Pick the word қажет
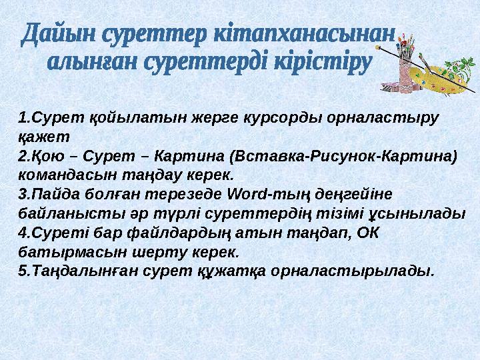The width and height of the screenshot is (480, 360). point(44,137)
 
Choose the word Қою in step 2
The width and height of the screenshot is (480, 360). point(48,157)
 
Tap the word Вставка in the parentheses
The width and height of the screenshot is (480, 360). point(269,157)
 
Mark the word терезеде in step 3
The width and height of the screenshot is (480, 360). point(183,195)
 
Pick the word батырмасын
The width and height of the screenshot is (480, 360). point(73,253)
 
